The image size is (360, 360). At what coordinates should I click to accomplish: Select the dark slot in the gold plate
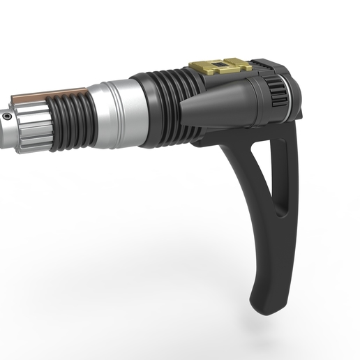(220, 64)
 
